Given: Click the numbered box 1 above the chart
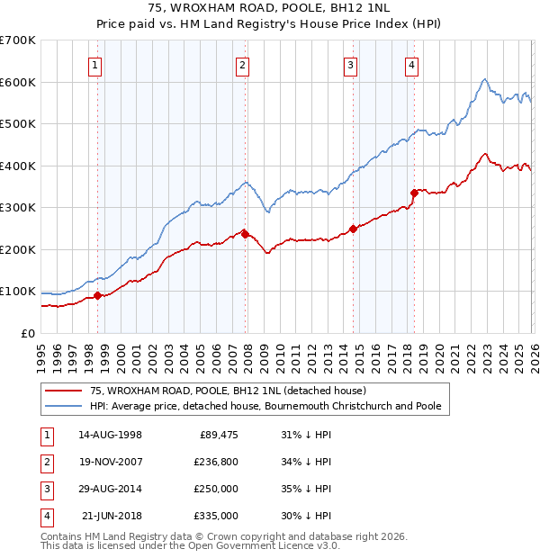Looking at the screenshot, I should pyautogui.click(x=95, y=64).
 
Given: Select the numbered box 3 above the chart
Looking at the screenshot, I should pyautogui.click(x=351, y=64).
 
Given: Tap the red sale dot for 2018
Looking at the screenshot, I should pyautogui.click(x=414, y=193).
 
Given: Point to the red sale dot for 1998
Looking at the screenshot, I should pyautogui.click(x=97, y=296).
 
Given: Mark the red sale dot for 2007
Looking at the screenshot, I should pyautogui.click(x=245, y=234).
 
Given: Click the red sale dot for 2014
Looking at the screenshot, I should pyautogui.click(x=353, y=229).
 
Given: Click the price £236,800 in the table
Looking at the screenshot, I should pyautogui.click(x=215, y=463).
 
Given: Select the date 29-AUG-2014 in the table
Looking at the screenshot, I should pyautogui.click(x=110, y=489).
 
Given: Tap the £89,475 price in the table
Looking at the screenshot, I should pyautogui.click(x=218, y=436).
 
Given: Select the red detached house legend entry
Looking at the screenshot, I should pyautogui.click(x=227, y=391).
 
